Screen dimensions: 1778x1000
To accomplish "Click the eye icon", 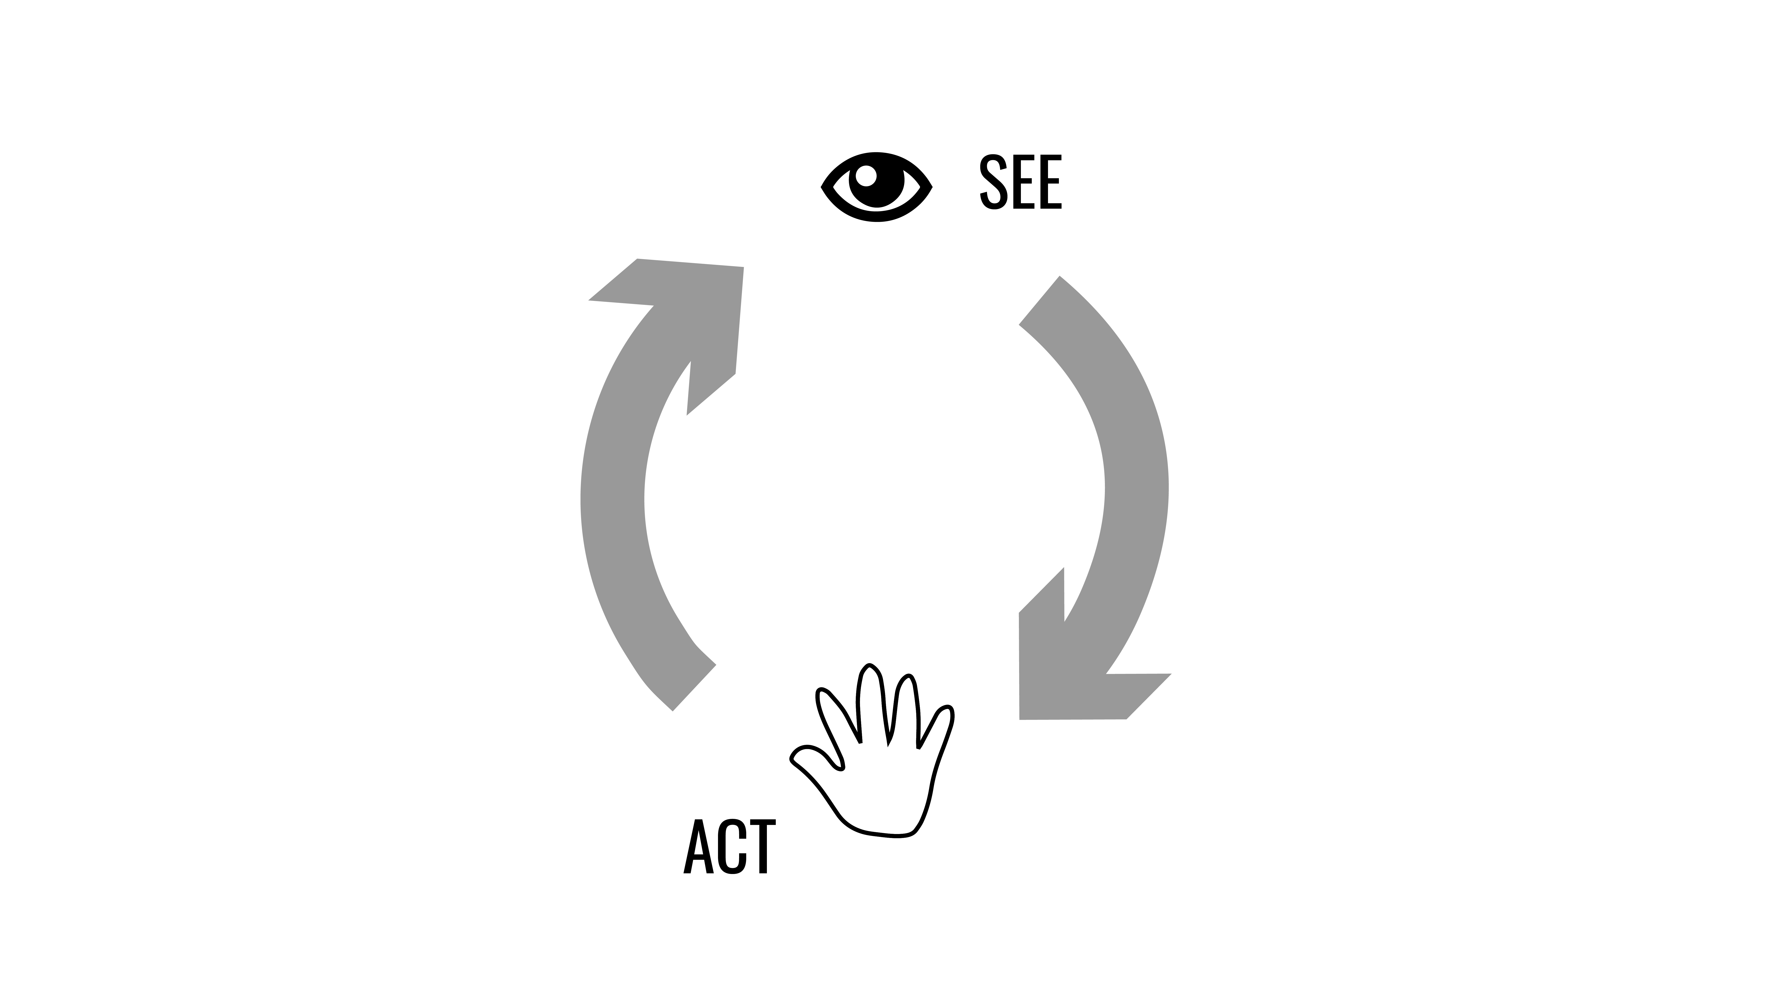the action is pos(877,187).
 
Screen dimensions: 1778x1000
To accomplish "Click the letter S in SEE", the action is pos(992,182).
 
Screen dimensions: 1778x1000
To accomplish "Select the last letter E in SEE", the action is pos(1050,182).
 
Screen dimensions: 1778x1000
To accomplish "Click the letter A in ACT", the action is pos(698,847).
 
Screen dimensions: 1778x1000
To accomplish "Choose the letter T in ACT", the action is pos(763,847).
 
